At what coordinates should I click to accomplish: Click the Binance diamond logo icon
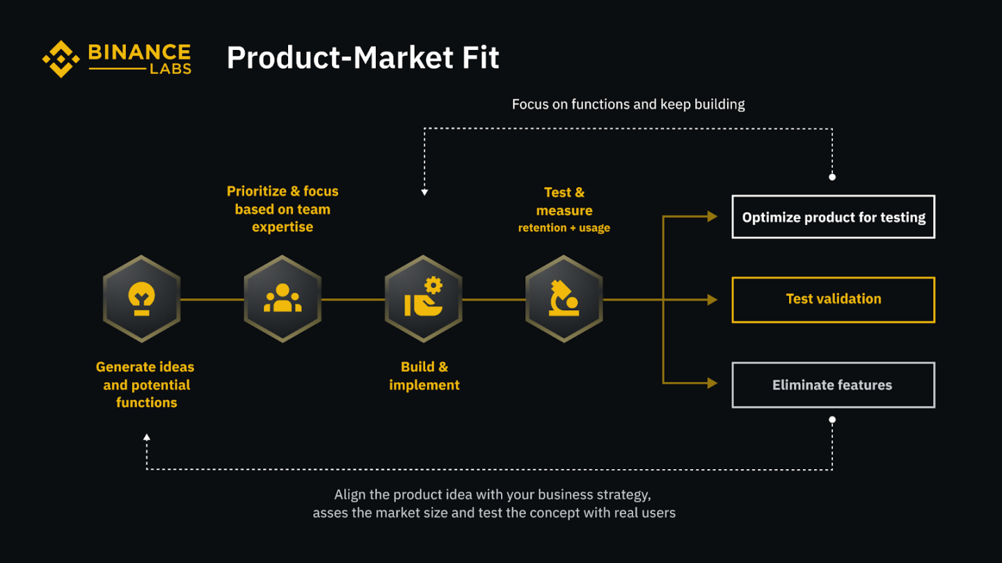tap(61, 59)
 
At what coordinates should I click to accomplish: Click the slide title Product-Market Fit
tap(363, 58)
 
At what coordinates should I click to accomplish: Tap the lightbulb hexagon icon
tap(142, 299)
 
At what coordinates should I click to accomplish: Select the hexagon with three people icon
tap(283, 299)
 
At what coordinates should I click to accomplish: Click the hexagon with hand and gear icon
tap(423, 299)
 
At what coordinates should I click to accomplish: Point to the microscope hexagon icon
tap(564, 299)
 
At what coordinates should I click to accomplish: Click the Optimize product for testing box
tap(833, 218)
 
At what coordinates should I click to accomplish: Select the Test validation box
tap(833, 300)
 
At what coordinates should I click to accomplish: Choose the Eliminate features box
tap(833, 385)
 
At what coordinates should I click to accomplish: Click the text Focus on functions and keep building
tap(628, 104)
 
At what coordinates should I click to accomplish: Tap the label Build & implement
tap(424, 376)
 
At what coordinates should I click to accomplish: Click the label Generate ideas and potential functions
tap(145, 384)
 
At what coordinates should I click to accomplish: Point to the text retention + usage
tap(564, 228)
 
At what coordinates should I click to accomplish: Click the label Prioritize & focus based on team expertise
tap(283, 209)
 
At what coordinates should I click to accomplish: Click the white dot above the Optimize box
tap(832, 177)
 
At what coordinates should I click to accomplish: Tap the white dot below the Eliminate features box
tap(832, 420)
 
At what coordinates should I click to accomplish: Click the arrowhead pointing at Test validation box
tap(712, 300)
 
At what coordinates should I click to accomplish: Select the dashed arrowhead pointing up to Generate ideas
tap(146, 437)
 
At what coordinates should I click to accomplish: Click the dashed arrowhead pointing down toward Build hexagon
tap(424, 192)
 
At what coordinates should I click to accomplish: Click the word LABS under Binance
tap(170, 70)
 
